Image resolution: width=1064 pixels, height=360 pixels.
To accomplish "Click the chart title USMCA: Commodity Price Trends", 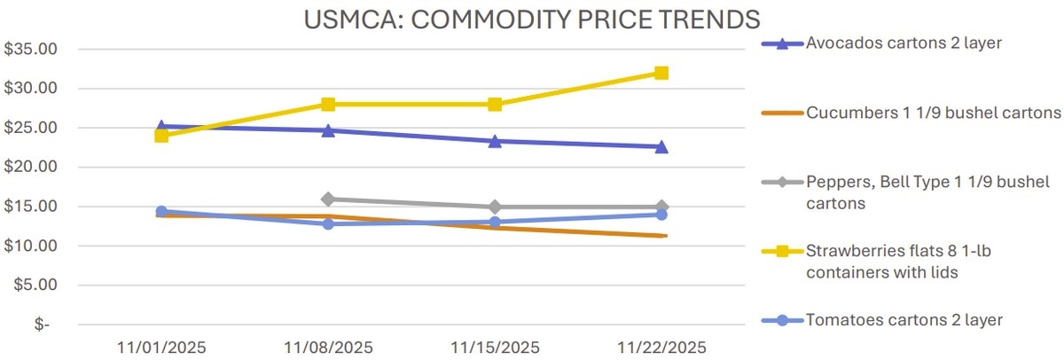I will (532, 19).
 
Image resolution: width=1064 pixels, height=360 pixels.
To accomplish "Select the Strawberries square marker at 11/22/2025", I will (661, 73).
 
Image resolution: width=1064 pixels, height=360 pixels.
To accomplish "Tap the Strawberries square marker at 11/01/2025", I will (161, 136).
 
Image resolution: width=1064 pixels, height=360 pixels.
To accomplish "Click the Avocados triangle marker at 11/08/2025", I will (328, 130).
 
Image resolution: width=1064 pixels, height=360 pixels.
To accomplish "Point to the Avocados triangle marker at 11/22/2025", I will (661, 146).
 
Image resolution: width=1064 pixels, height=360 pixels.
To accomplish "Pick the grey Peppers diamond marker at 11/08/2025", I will (328, 200).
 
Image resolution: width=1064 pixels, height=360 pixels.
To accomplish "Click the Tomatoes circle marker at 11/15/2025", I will (495, 222).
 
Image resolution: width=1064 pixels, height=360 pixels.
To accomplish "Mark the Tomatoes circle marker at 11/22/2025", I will (661, 215).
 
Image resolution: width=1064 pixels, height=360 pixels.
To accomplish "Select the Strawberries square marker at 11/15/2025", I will (495, 105).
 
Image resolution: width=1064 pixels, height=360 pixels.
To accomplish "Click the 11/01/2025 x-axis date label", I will (162, 346).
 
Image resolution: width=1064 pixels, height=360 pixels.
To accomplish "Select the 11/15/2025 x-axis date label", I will (495, 346).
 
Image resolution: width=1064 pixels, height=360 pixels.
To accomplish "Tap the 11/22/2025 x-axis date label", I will (661, 346).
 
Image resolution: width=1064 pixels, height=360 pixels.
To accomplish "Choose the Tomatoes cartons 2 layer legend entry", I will (904, 319).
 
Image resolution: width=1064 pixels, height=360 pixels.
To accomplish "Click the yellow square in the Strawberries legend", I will (782, 252).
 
